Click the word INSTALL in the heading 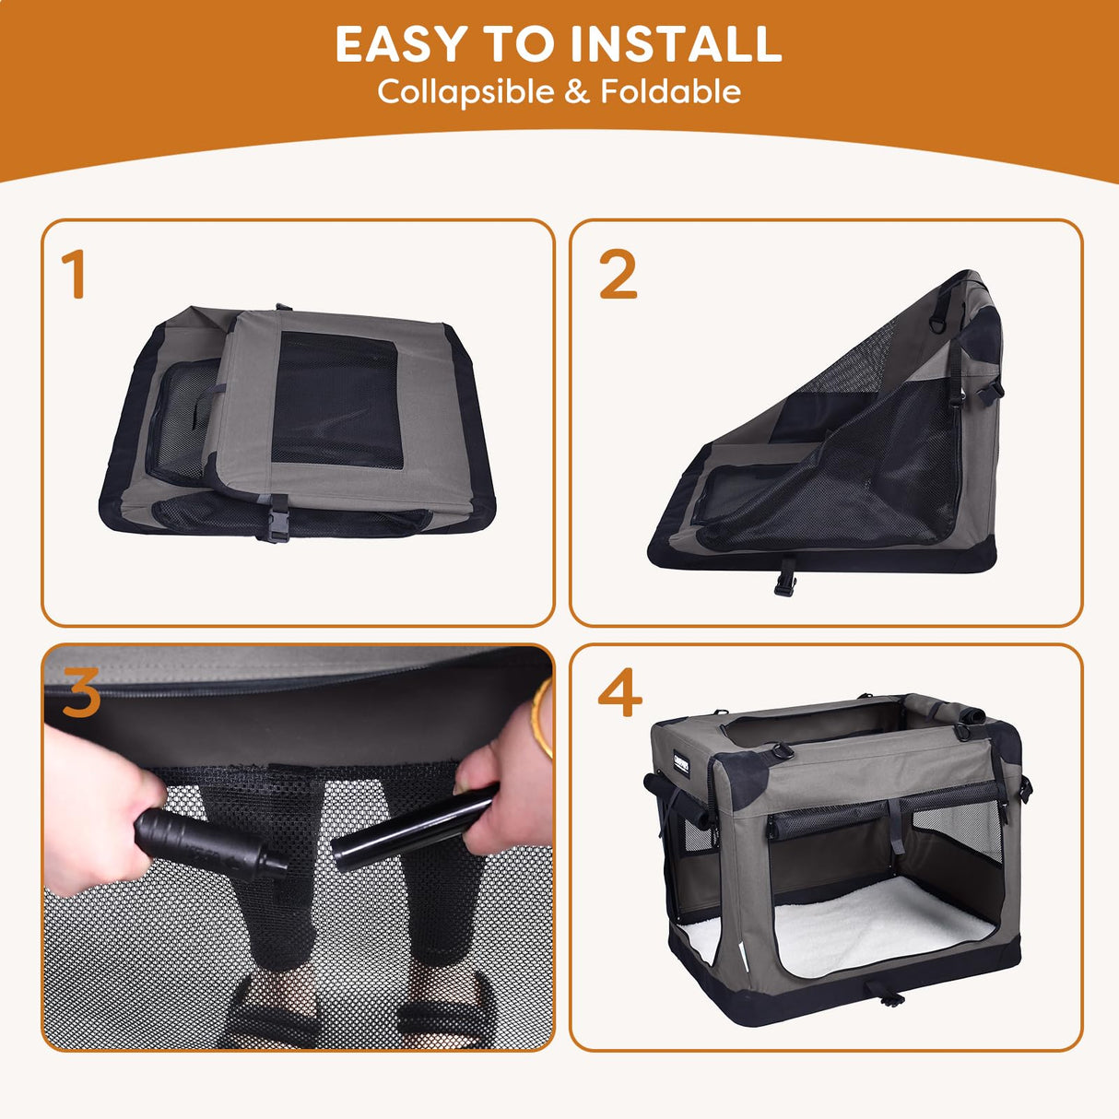click(676, 44)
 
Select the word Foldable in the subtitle click(671, 92)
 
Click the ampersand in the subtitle click(578, 92)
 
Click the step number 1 click(74, 275)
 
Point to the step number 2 click(618, 275)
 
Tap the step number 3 click(81, 693)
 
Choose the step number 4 click(619, 693)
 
